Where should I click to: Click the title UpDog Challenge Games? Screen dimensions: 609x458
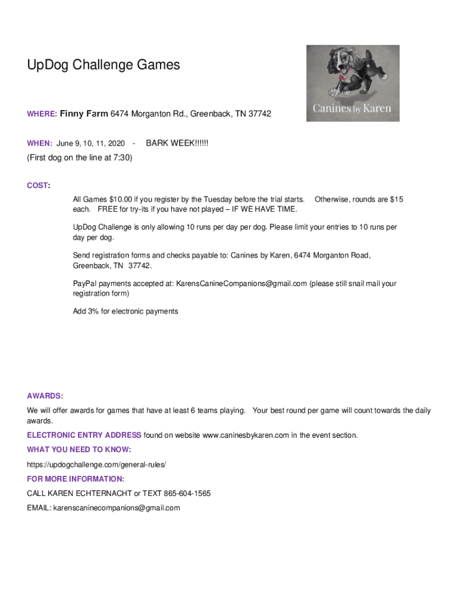tap(103, 65)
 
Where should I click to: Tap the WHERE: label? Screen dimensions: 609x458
tap(42, 114)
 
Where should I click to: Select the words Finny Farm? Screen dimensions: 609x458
tap(84, 113)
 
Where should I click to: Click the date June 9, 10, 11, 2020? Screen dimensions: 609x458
tap(91, 144)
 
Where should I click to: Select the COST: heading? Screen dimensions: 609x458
tap(38, 186)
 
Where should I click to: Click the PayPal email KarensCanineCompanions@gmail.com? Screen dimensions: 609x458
tap(241, 284)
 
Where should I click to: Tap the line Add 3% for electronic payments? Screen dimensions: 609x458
tap(125, 311)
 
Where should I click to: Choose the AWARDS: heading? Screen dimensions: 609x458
tap(45, 396)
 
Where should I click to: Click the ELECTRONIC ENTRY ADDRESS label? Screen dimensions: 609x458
tap(84, 435)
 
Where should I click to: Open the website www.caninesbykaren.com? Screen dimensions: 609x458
tap(246, 435)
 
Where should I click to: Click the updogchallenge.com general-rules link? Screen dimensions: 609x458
tap(96, 464)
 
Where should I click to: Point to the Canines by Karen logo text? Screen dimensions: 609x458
tap(352, 109)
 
